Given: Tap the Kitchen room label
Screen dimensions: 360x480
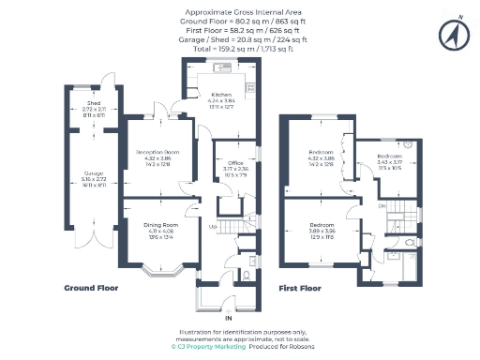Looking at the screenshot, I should tap(220, 96).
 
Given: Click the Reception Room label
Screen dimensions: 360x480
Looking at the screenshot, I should tap(158, 151).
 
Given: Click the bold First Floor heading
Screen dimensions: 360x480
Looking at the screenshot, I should tap(299, 289).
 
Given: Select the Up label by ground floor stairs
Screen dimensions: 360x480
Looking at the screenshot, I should tap(213, 226).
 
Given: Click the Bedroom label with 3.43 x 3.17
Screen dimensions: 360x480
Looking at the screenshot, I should tap(390, 156).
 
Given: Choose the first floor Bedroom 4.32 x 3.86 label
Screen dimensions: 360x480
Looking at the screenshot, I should tap(322, 152).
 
